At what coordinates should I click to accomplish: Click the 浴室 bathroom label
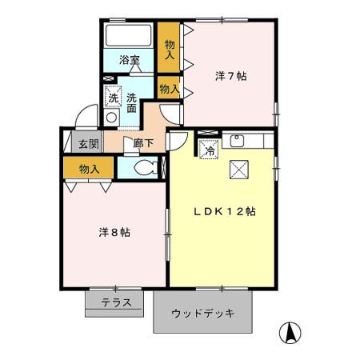click(129, 60)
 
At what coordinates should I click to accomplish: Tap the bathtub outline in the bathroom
click(129, 36)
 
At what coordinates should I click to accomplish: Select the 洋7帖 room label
click(230, 77)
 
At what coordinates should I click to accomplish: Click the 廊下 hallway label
click(144, 144)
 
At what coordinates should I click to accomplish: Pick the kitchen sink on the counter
click(237, 141)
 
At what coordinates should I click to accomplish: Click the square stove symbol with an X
click(239, 169)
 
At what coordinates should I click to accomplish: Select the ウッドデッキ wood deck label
click(203, 313)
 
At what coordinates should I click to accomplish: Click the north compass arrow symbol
click(291, 331)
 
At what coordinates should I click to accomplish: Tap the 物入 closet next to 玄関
click(90, 169)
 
